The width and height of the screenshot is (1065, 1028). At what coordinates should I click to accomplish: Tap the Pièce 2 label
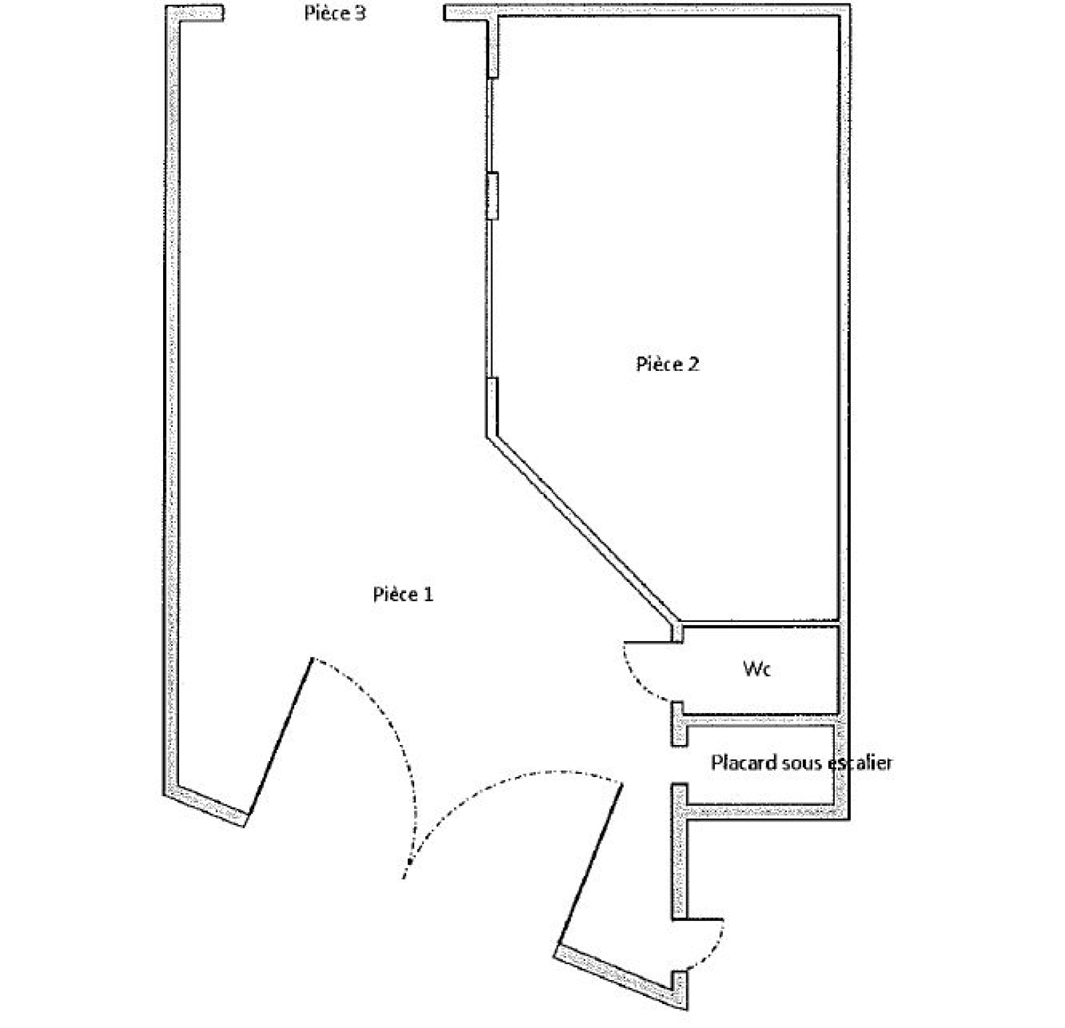point(668,364)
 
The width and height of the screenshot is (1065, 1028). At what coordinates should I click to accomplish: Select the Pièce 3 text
point(335,13)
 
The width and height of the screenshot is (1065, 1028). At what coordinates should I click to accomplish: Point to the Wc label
point(757,668)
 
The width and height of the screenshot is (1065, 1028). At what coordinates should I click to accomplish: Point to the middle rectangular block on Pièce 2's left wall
point(493,195)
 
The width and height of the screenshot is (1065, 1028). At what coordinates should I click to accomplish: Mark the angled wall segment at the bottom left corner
point(205,807)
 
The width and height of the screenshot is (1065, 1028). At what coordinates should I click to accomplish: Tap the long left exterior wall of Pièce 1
point(172,399)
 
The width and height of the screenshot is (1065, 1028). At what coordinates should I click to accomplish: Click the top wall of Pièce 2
point(668,11)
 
